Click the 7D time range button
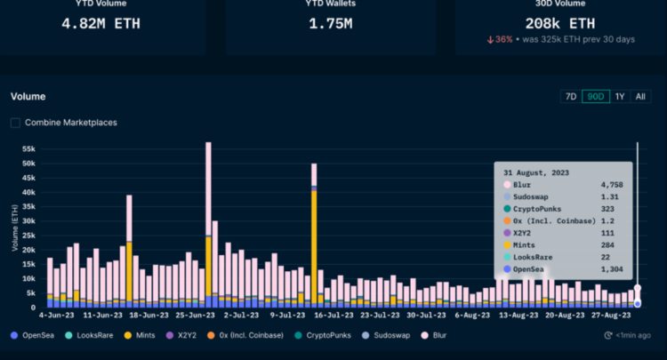(x=571, y=97)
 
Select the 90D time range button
(x=595, y=97)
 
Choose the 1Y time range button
(x=620, y=97)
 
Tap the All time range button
(x=640, y=97)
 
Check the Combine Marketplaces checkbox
(x=16, y=123)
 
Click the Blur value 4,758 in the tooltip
(x=612, y=184)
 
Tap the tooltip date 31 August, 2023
(x=535, y=172)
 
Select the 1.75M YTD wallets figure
(x=330, y=24)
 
